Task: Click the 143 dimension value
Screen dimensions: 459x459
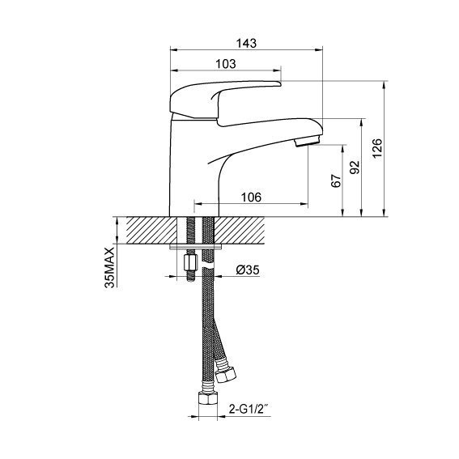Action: (x=246, y=43)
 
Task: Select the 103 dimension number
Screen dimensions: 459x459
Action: (x=225, y=64)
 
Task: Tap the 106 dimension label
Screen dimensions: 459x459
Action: (x=251, y=198)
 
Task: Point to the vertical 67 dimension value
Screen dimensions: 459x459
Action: (x=336, y=181)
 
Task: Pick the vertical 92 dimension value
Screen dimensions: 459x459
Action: (x=355, y=167)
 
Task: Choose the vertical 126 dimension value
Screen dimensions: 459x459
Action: (x=377, y=148)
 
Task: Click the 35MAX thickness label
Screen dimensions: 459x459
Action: (x=110, y=268)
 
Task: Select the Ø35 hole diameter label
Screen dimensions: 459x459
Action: (x=248, y=270)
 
